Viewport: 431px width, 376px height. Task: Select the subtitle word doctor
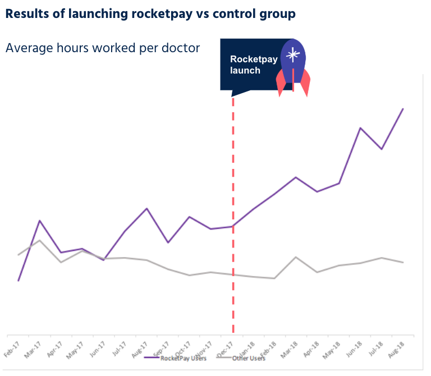(181, 48)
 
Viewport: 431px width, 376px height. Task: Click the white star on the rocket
(292, 54)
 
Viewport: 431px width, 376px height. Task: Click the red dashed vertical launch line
(233, 281)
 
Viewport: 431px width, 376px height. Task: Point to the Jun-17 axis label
(98, 344)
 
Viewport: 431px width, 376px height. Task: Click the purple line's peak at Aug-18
(403, 108)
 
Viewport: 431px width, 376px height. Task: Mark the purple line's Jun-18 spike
(360, 128)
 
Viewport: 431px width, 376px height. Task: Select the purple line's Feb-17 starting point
(19, 281)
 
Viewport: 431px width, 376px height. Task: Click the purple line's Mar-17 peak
(39, 221)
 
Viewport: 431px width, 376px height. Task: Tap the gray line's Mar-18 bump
(296, 257)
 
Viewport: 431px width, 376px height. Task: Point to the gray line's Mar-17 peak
(39, 240)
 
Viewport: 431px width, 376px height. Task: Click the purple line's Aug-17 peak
(146, 208)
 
